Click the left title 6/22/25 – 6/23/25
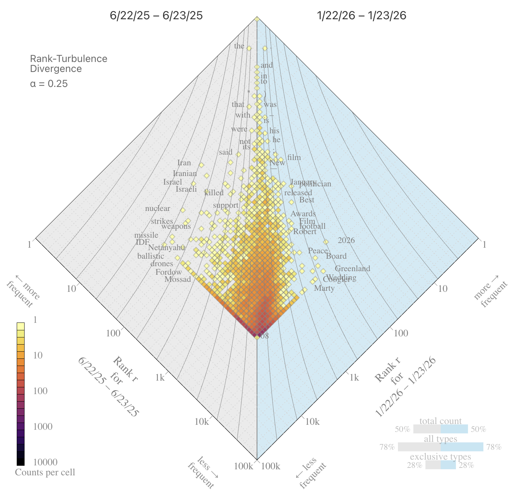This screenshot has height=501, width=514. point(156,16)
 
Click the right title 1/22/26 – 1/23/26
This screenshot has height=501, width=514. point(361,16)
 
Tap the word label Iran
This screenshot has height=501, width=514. point(184,163)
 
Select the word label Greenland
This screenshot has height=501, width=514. point(352,269)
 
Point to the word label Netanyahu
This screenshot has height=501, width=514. point(167,247)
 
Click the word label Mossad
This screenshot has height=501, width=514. point(178,279)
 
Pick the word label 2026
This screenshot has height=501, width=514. point(346,241)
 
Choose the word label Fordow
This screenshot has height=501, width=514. point(169,272)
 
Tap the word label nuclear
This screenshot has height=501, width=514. point(158,208)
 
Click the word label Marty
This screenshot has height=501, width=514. point(324,288)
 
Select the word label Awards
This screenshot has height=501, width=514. point(303,214)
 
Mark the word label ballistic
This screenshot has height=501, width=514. point(151,256)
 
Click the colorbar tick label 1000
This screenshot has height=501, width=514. point(43,427)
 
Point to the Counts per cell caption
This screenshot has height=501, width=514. point(45,472)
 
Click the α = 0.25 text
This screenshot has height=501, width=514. point(49,84)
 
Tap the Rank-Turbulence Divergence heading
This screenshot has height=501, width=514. point(68,63)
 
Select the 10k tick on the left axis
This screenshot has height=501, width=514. point(202,422)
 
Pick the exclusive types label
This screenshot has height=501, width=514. point(440,457)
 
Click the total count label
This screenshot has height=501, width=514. point(440,421)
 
